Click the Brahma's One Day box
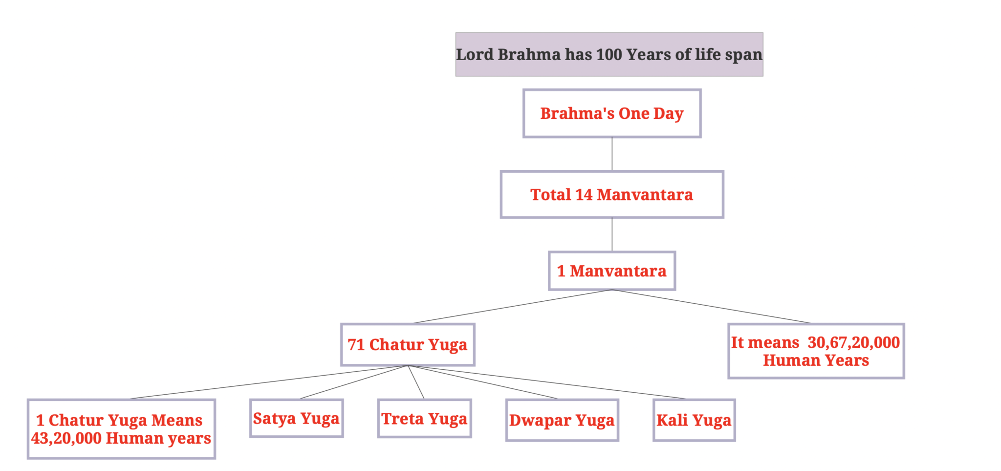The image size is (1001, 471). click(x=611, y=113)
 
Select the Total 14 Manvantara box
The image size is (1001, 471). click(x=611, y=195)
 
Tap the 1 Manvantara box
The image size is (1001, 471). click(x=611, y=271)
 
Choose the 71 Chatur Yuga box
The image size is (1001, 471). click(x=407, y=345)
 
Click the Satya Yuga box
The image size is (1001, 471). click(x=296, y=419)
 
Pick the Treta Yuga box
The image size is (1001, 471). click(x=424, y=419)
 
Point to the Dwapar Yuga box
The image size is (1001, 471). click(x=562, y=420)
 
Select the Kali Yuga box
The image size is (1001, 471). click(x=694, y=420)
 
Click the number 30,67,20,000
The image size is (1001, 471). click(x=853, y=342)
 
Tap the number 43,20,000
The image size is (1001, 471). click(x=66, y=438)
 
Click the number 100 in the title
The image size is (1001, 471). click(x=609, y=54)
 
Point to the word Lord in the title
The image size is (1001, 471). click(x=475, y=54)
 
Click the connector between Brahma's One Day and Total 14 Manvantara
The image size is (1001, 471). click(x=612, y=154)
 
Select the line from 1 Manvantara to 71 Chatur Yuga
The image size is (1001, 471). click(x=513, y=307)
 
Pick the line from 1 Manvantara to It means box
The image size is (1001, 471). click(x=711, y=307)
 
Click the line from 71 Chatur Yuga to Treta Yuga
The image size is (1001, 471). click(x=416, y=382)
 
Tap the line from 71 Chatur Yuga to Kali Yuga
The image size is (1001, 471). click(x=547, y=382)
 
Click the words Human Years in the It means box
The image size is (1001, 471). click(x=816, y=360)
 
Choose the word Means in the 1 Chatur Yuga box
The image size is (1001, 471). click(x=176, y=420)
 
